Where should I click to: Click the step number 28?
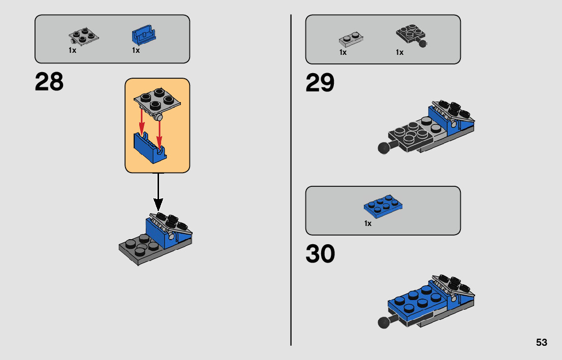(x=49, y=82)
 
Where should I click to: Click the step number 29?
(x=320, y=83)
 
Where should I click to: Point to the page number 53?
(x=542, y=342)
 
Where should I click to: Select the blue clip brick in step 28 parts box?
(x=144, y=35)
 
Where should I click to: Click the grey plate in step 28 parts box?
(x=84, y=37)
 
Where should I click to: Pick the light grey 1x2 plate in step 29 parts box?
(x=351, y=40)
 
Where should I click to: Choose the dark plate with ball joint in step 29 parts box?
(x=412, y=36)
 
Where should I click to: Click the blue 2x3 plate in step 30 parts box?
(x=383, y=206)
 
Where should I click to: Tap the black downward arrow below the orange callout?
(x=158, y=192)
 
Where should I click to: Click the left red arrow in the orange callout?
(x=142, y=121)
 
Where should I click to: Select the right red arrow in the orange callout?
(x=160, y=134)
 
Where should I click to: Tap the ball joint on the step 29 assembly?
(x=384, y=148)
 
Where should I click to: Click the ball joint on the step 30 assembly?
(x=384, y=322)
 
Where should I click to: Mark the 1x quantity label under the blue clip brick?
(x=136, y=50)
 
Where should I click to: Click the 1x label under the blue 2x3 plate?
(x=368, y=223)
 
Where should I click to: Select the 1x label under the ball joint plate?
(x=399, y=53)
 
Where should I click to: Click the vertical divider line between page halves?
(x=291, y=180)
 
